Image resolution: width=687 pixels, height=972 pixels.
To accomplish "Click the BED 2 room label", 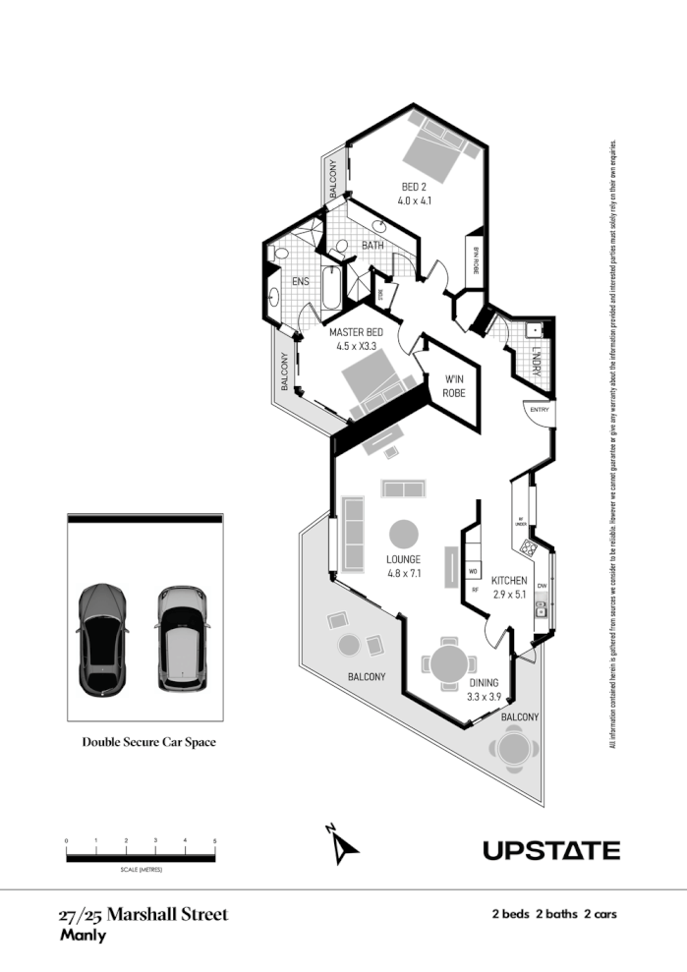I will point(414,187).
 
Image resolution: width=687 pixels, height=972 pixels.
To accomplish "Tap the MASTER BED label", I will point(357,332).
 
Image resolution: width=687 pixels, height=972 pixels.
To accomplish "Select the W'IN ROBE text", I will point(453,385).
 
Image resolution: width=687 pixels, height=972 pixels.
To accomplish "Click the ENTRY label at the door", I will point(540,410).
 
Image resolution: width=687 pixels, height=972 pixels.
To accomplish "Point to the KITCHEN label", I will point(509,581).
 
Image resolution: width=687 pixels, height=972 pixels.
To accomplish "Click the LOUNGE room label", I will point(404,559).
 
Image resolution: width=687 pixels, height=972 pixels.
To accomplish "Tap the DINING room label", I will point(484,683).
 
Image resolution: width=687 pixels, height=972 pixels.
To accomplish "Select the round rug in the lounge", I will point(404,535).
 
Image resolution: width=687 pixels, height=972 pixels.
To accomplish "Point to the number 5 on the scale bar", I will point(214,841).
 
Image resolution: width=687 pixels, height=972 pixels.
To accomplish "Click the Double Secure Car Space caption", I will point(148,742).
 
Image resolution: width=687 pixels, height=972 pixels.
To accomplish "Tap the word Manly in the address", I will point(83,936).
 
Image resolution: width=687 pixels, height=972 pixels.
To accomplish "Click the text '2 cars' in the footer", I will point(600,915).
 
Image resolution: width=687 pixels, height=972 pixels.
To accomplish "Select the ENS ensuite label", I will point(301,281).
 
